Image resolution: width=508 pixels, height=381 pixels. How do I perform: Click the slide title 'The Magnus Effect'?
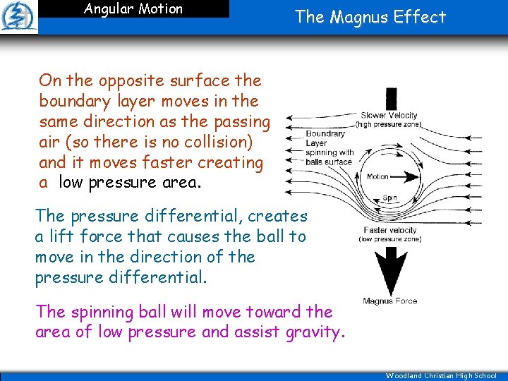click(x=370, y=17)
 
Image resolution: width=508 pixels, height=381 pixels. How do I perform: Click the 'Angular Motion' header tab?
click(x=133, y=9)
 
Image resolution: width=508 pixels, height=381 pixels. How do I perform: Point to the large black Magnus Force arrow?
click(x=389, y=270)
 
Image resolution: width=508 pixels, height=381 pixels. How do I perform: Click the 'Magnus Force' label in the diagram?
click(x=389, y=301)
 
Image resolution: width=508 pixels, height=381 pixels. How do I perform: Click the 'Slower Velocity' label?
click(x=389, y=116)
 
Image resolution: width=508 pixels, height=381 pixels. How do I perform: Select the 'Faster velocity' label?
click(x=389, y=230)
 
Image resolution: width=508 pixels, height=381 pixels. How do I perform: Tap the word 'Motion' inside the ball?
click(x=378, y=176)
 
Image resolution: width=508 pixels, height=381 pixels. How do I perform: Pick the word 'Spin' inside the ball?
click(x=389, y=198)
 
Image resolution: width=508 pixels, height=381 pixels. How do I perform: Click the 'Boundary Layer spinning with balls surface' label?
click(x=329, y=147)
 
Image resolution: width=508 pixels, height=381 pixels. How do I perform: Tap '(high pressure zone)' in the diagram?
click(x=389, y=124)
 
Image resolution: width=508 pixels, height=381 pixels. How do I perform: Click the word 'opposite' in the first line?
click(x=123, y=80)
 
